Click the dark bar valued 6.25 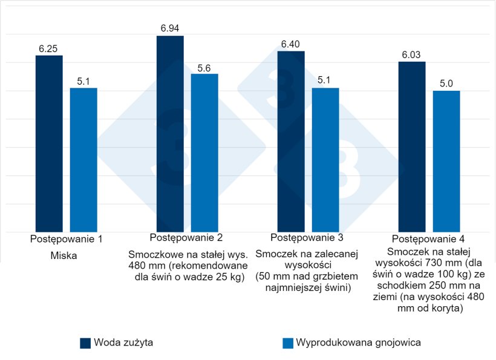tap(49, 143)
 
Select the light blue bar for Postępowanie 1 tap(83, 160)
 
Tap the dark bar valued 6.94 tap(170, 134)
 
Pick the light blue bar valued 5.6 tap(204, 152)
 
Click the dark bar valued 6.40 tap(291, 142)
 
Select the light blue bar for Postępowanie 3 tap(325, 160)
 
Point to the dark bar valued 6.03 tap(412, 147)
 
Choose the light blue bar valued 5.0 tap(446, 161)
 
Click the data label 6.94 tap(170, 29)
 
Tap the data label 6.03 tap(412, 55)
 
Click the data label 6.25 tap(49, 49)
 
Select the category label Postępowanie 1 tap(66, 239)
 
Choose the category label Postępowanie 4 tap(429, 239)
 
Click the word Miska tap(66, 256)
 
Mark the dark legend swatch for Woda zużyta tap(85, 343)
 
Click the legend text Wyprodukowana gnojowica tap(358, 343)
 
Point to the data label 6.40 tap(291, 44)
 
